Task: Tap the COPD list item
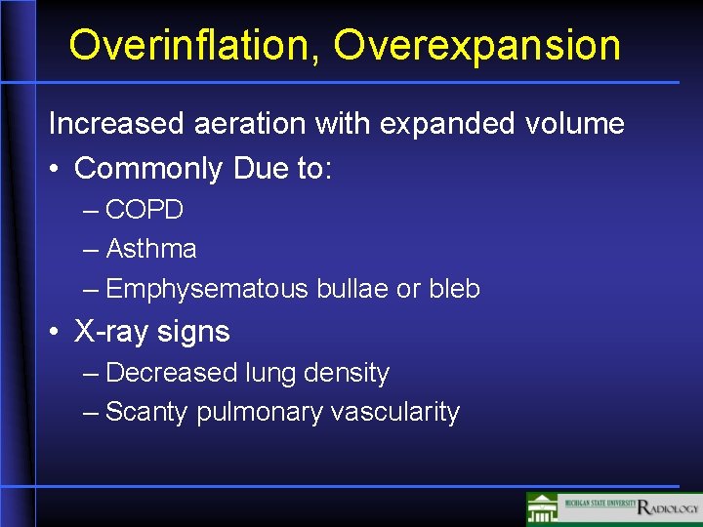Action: tap(145, 210)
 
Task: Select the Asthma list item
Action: tap(151, 250)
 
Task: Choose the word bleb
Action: tap(454, 290)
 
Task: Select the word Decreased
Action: tap(172, 373)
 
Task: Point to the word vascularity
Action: tap(394, 413)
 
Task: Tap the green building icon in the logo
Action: tap(543, 508)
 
